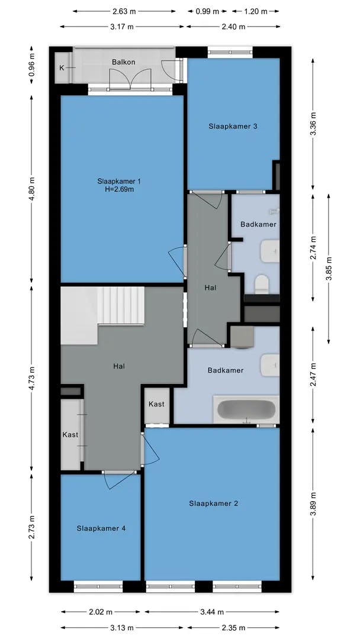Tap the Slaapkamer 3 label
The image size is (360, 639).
(233, 127)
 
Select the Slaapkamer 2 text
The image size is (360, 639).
(213, 504)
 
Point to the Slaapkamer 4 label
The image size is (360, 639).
(101, 528)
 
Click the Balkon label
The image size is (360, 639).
(124, 62)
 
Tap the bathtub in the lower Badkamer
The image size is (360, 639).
(246, 409)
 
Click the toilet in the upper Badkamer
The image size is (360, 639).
(261, 284)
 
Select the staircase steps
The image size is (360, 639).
(121, 306)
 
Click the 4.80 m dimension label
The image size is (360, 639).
(32, 188)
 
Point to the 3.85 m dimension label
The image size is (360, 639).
(329, 269)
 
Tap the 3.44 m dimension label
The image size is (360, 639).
(212, 612)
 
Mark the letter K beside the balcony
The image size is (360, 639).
(62, 68)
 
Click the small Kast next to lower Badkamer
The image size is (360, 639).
(156, 404)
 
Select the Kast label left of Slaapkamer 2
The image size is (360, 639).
(70, 435)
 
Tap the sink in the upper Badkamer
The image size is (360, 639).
(271, 251)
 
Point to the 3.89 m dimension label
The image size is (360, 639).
(313, 504)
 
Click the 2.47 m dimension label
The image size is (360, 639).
(313, 375)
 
